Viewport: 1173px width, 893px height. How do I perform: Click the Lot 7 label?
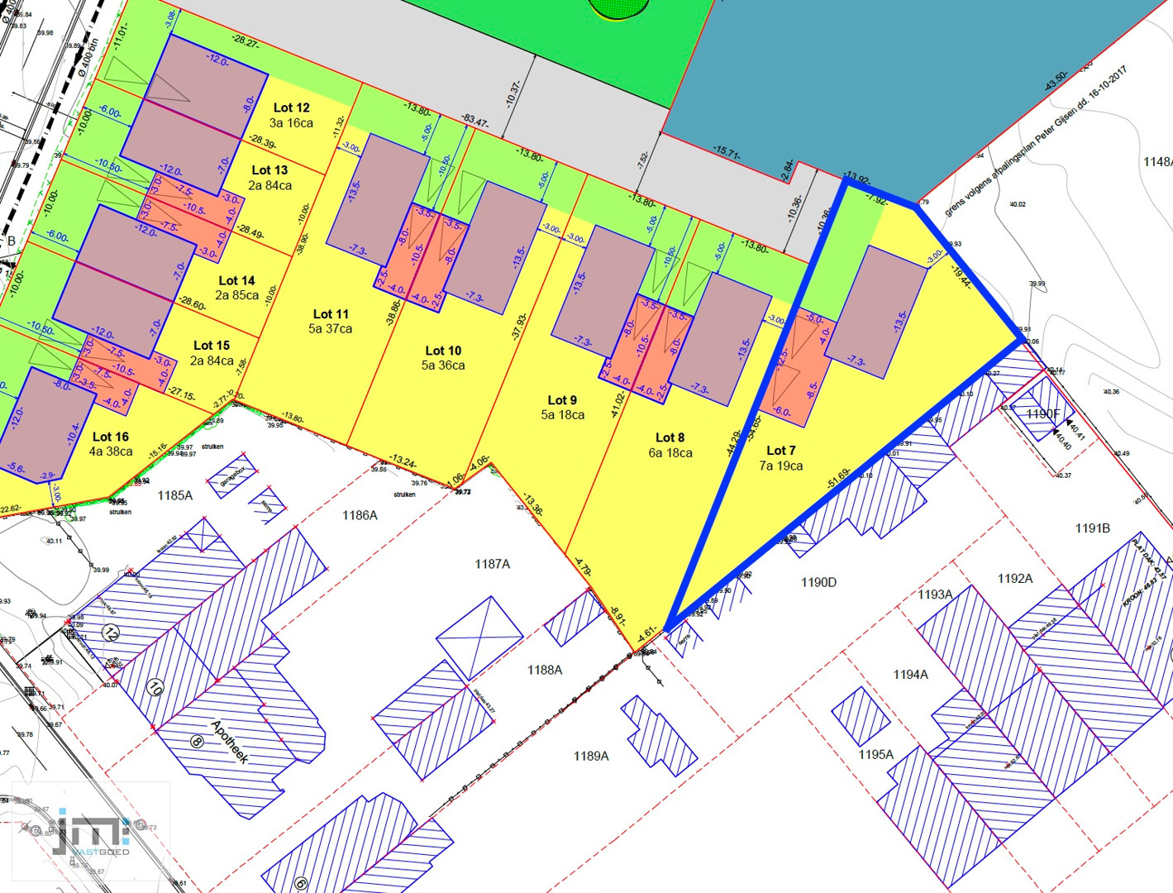point(780,451)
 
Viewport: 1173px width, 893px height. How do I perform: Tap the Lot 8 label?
point(670,437)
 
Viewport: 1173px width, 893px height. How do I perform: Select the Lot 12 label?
point(291,107)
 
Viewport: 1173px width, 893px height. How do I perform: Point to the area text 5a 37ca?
point(330,329)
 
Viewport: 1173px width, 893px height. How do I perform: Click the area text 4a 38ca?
point(111,451)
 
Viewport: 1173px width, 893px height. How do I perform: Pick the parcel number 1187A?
point(492,564)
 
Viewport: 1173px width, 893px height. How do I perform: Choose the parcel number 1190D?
point(818,582)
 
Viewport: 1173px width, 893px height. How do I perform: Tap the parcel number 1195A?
point(875,754)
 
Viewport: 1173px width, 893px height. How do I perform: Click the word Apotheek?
point(229,742)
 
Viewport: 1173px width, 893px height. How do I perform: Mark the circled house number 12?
point(111,633)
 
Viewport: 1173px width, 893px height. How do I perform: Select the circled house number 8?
point(197,741)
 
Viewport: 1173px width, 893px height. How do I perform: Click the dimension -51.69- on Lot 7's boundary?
point(838,479)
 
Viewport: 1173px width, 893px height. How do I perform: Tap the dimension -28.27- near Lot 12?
point(246,41)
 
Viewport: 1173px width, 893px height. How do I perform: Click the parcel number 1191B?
point(1092,528)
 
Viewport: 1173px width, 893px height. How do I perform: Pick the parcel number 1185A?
point(174,495)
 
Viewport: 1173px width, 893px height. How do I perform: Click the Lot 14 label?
point(236,281)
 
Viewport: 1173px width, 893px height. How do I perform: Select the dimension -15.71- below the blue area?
point(727,151)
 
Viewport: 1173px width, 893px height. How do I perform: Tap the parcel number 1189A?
point(591,756)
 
